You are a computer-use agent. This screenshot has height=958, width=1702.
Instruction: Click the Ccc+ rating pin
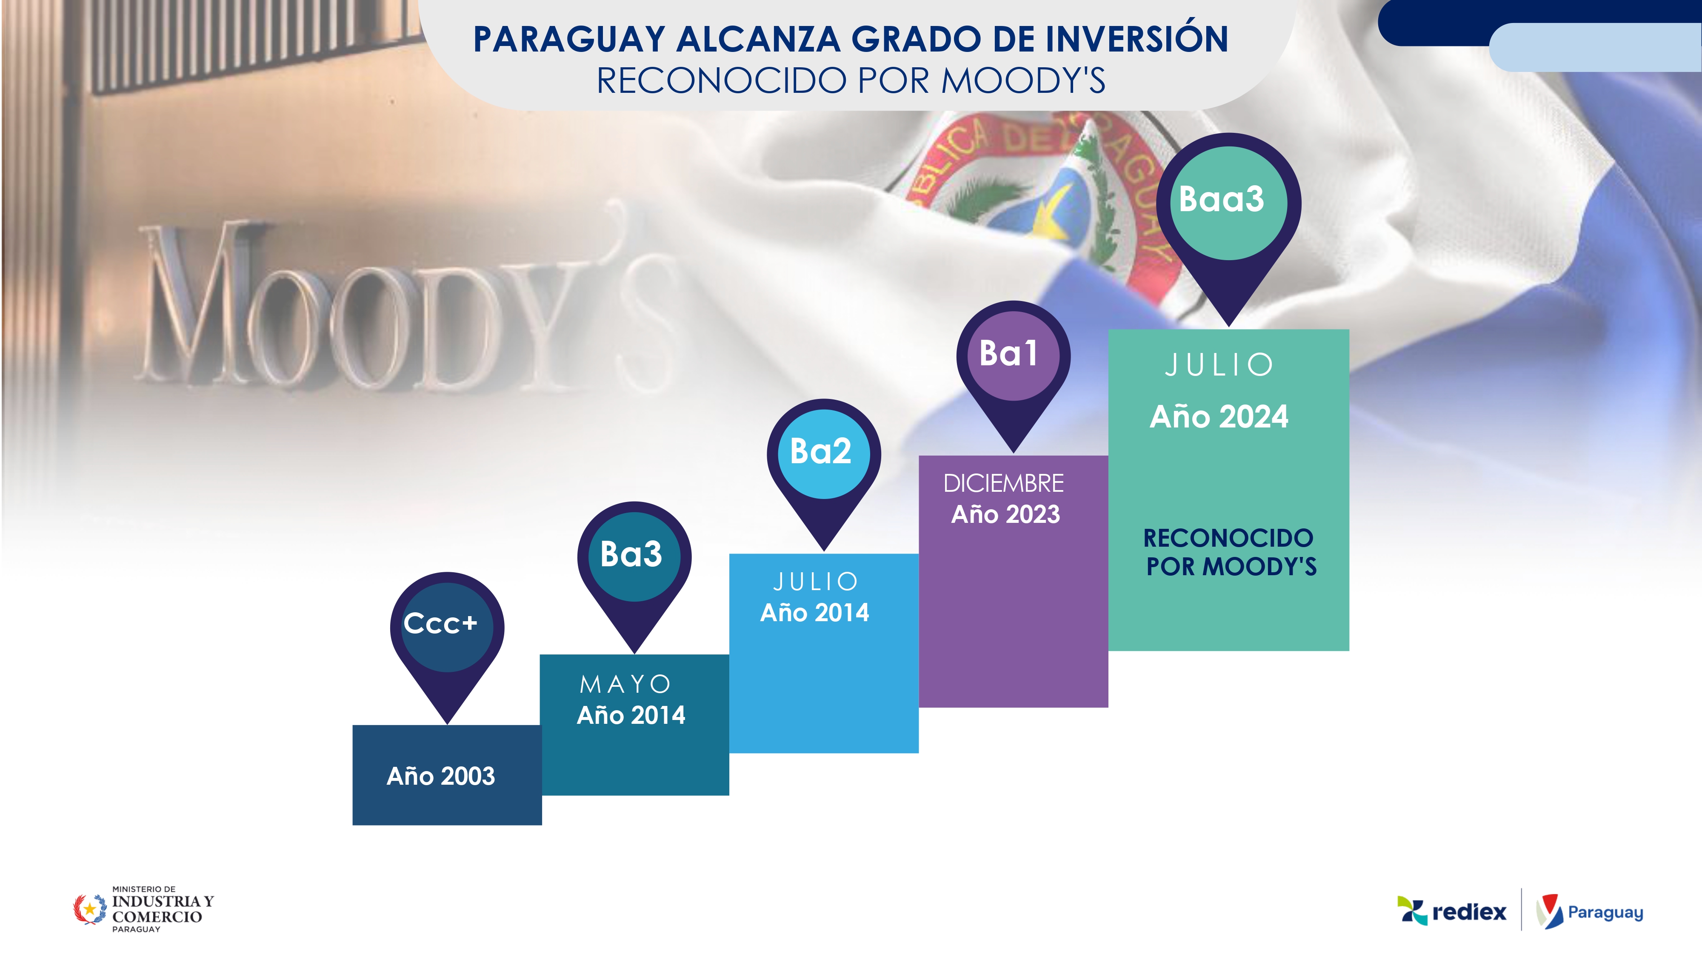(x=447, y=638)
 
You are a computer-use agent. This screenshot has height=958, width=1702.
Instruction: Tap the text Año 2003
(x=441, y=776)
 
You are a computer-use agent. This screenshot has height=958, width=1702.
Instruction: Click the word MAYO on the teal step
(x=625, y=684)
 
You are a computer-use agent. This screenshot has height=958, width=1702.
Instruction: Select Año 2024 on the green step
(x=1219, y=417)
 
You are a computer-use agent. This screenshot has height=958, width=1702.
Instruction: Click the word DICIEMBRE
(x=1004, y=483)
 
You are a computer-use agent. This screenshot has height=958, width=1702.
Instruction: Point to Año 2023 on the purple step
(x=1005, y=514)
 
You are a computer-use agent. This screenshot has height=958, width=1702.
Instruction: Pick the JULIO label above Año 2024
(x=1219, y=365)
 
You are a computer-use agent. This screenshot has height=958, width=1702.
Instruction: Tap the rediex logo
(x=1451, y=912)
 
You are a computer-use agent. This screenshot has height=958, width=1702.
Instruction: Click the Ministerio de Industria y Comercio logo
(x=143, y=909)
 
